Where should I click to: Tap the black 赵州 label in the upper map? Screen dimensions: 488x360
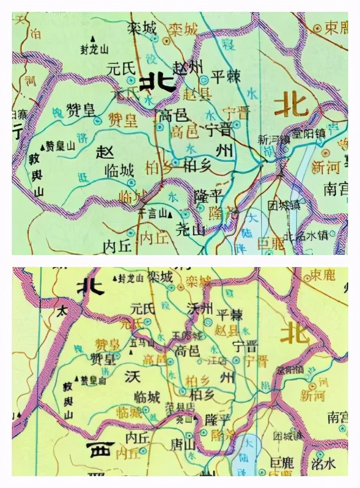[x=188, y=67]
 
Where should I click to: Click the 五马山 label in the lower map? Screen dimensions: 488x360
[x=142, y=342]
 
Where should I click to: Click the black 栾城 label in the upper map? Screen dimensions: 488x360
[x=142, y=27]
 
